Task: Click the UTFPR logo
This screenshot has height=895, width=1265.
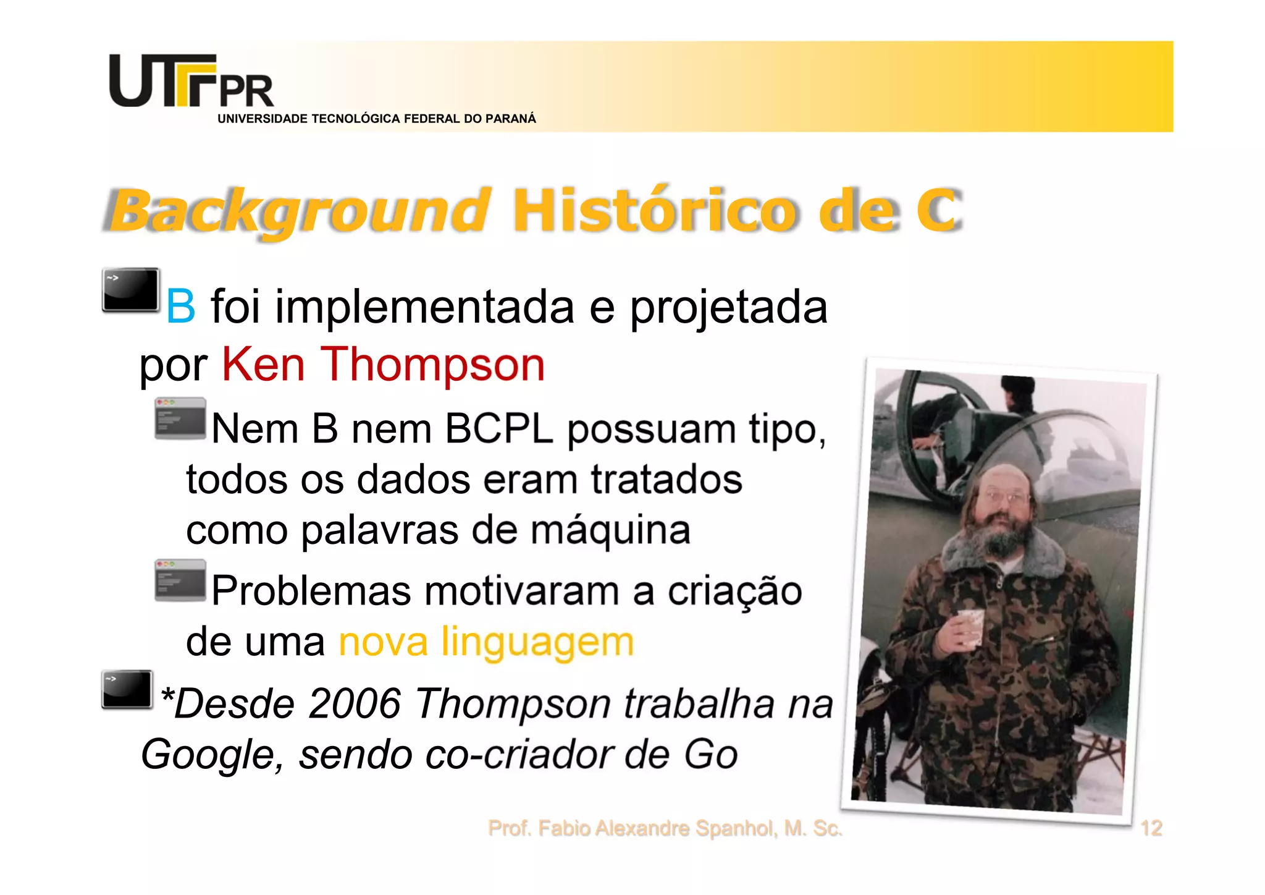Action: click(191, 82)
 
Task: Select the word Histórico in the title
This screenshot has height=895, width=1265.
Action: click(655, 211)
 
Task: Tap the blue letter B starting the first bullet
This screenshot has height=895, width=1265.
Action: click(180, 307)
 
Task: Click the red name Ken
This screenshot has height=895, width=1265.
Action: click(263, 365)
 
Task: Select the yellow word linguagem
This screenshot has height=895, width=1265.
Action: click(537, 642)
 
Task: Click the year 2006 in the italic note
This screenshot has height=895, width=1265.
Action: click(355, 703)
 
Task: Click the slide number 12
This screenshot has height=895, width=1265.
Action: click(1151, 828)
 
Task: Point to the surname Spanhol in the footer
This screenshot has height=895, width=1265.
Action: click(736, 828)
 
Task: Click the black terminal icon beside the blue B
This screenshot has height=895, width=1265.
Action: click(130, 290)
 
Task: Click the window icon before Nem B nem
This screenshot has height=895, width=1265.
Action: click(180, 418)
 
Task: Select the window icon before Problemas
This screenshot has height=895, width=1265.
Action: click(180, 580)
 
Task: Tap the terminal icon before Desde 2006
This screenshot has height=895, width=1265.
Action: click(127, 689)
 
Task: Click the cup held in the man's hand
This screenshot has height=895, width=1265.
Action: click(971, 626)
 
